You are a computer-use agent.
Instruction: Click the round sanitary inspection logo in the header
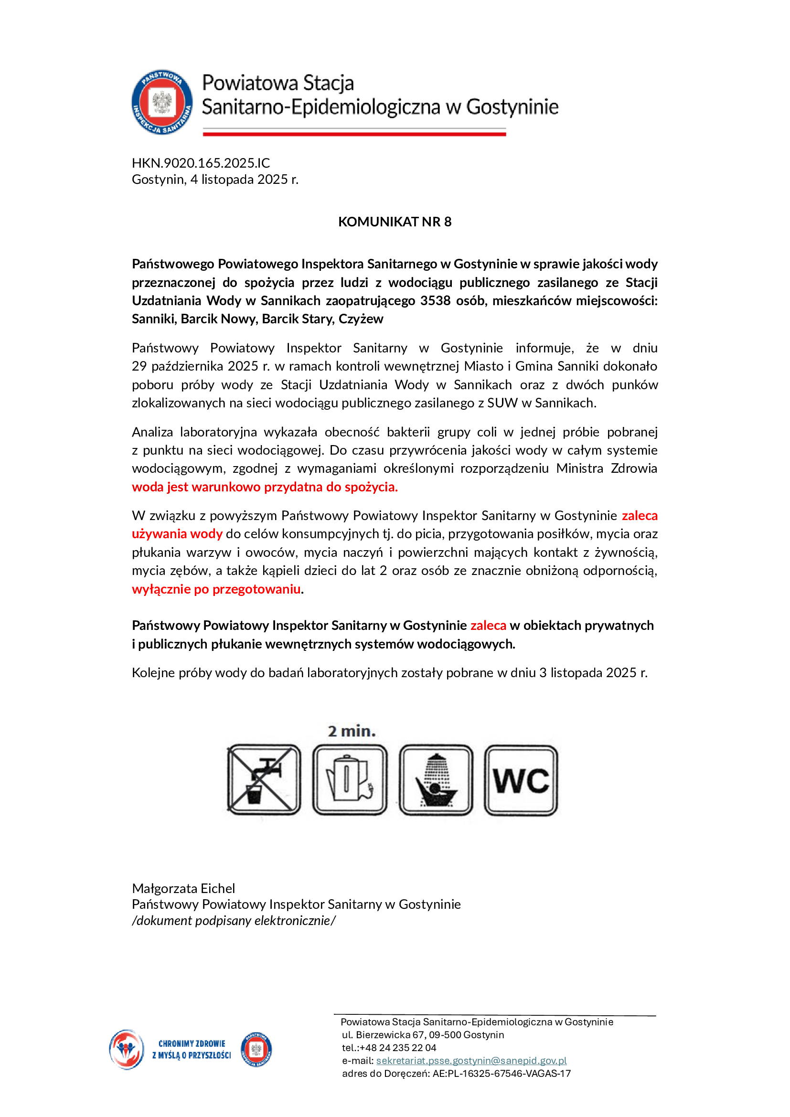[162, 102]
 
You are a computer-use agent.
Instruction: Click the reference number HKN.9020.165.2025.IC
[201, 163]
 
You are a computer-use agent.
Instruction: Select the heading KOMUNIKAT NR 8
[395, 222]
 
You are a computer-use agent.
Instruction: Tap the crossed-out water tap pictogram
[264, 780]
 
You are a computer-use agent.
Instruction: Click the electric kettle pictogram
[350, 780]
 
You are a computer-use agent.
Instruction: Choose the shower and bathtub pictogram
[436, 780]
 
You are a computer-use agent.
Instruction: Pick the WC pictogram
[521, 780]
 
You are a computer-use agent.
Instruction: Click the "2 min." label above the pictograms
[352, 731]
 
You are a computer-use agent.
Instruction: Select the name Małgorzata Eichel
[183, 888]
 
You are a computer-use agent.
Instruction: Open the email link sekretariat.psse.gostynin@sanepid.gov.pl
[471, 1061]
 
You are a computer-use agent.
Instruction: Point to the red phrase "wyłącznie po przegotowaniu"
[216, 589]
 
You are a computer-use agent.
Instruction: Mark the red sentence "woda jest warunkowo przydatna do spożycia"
[265, 487]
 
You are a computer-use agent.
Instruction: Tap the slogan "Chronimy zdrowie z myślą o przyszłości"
[191, 1049]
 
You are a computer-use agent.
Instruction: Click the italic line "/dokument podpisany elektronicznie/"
[234, 920]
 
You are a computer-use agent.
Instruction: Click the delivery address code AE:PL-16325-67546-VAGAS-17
[502, 1073]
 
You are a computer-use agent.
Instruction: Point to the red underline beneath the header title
[354, 133]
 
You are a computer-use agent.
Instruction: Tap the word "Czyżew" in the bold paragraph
[361, 319]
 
